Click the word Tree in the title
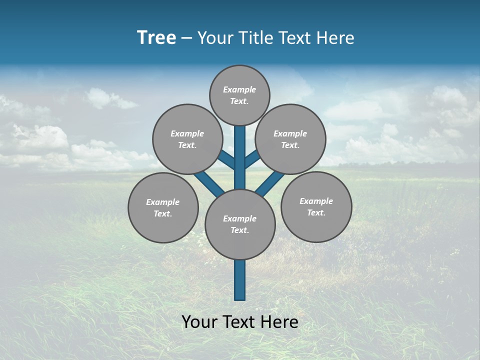(156, 37)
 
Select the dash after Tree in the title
(186, 38)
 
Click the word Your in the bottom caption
(200, 322)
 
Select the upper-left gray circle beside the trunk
(187, 139)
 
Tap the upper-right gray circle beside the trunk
(290, 139)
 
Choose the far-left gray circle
(163, 207)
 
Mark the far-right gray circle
(316, 206)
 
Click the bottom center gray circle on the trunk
(240, 224)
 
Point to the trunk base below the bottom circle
(240, 280)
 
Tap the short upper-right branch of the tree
(252, 158)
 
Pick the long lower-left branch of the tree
(209, 183)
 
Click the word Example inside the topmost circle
(239, 89)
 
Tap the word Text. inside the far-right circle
(316, 212)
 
